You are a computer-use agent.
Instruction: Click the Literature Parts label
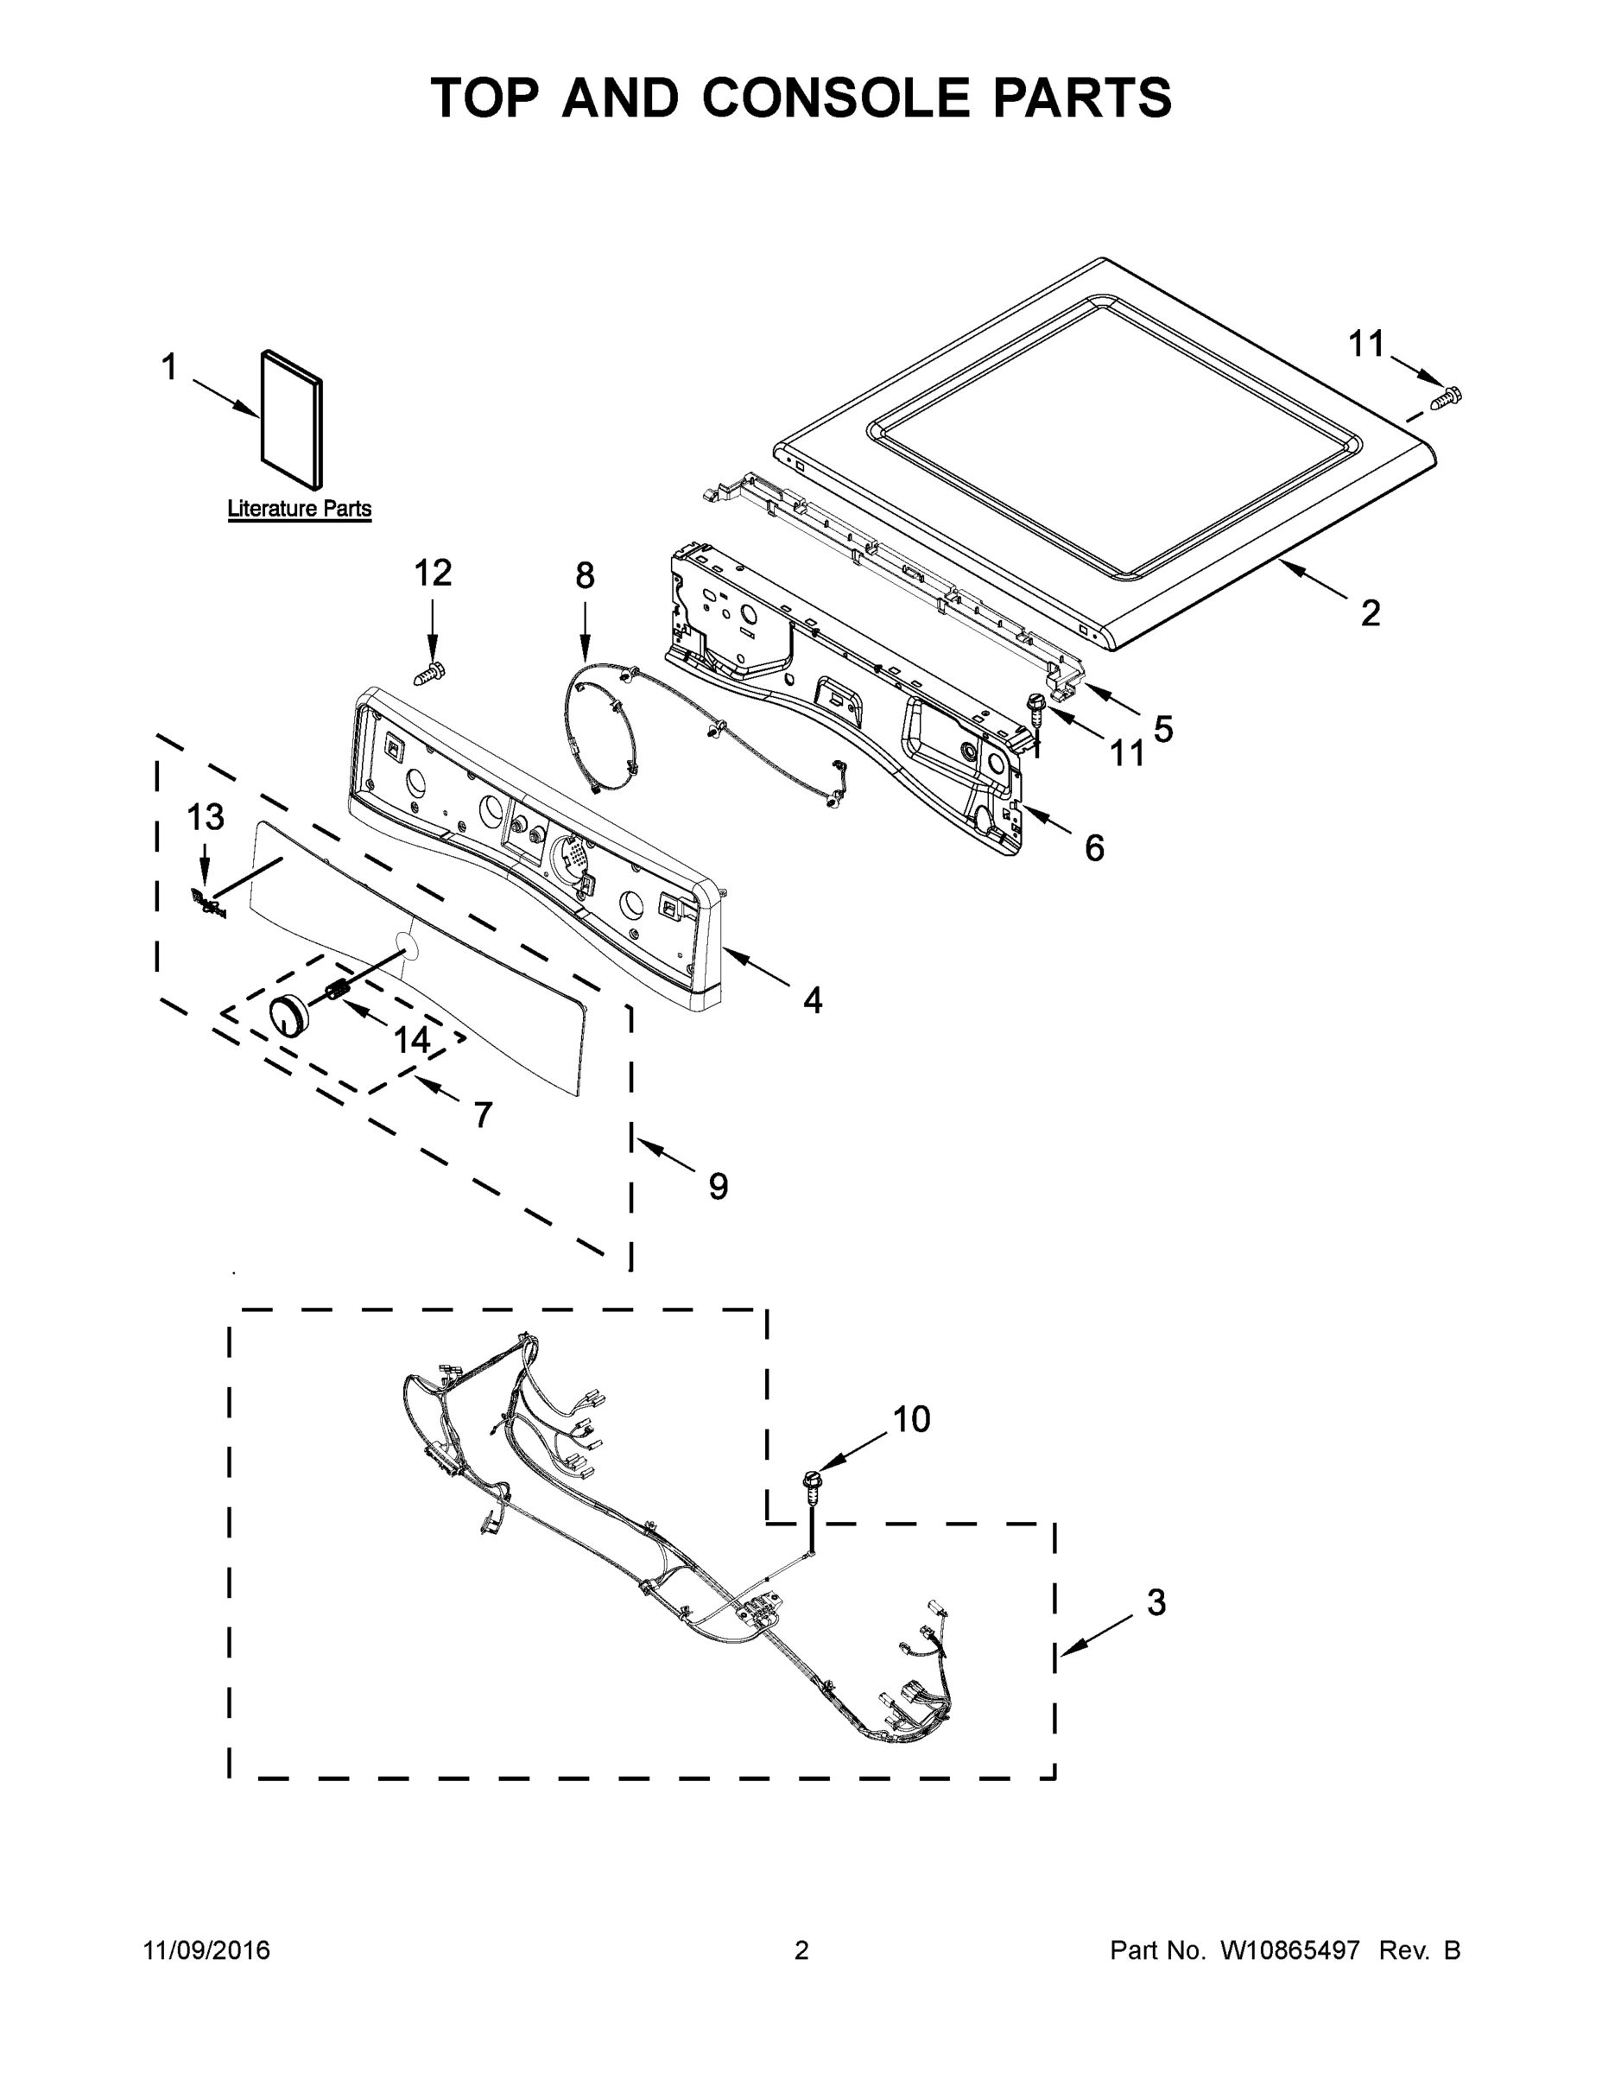[x=299, y=509]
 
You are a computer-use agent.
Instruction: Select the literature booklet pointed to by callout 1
[x=291, y=419]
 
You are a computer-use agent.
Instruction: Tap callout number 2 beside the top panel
[x=1370, y=613]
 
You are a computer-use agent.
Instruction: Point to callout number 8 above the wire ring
[x=585, y=575]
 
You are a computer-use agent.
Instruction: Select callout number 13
[x=205, y=816]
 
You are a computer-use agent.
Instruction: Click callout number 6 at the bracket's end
[x=1094, y=847]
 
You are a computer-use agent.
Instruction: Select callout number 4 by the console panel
[x=813, y=999]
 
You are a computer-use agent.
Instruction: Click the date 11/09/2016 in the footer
[x=207, y=1950]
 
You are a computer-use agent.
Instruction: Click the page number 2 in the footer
[x=801, y=1950]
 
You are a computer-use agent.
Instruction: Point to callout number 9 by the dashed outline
[x=719, y=1186]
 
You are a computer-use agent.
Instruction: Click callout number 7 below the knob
[x=483, y=1114]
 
